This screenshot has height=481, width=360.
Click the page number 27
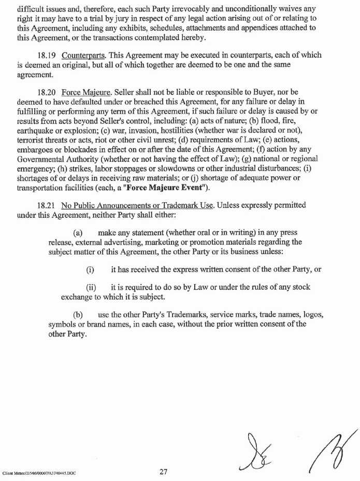[x=164, y=472]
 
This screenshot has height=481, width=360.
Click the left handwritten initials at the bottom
[x=255, y=451]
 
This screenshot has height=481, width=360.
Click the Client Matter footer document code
[x=39, y=473]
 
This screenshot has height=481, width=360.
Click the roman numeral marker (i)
[x=90, y=270]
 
